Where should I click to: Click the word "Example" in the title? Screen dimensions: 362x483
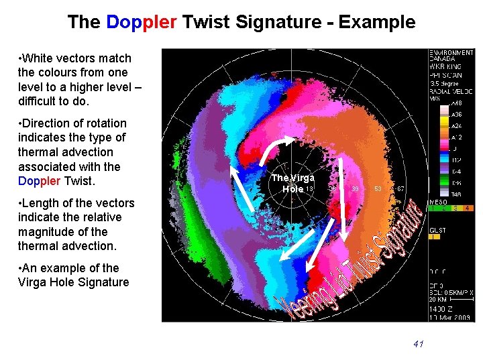[376, 22]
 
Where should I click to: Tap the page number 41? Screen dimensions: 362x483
[419, 344]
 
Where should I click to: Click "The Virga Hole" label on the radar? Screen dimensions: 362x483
[292, 183]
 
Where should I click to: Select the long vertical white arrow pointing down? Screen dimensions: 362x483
[343, 200]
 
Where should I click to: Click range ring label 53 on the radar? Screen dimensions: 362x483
[378, 189]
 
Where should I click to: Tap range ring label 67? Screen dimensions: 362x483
[400, 189]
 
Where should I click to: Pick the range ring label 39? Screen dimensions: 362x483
[356, 189]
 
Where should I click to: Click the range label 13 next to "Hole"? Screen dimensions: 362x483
[309, 189]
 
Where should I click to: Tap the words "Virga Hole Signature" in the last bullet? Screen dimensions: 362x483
[73, 282]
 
